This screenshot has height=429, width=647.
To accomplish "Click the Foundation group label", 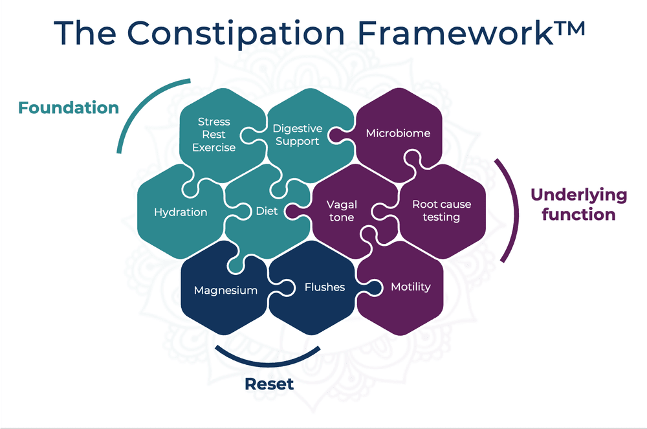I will tap(69, 107).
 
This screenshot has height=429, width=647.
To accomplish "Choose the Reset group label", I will tap(269, 384).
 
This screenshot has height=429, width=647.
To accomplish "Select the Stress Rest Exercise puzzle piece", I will tap(214, 135).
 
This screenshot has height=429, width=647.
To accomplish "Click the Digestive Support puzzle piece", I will tap(297, 135).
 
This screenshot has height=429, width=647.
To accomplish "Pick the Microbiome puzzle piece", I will tap(397, 133).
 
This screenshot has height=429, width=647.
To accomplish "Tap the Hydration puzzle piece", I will tap(181, 212).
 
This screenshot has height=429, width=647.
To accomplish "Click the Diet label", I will tap(267, 211).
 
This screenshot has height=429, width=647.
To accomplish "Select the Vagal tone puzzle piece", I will tap(342, 211).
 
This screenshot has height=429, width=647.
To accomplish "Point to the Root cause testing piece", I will tap(441, 210).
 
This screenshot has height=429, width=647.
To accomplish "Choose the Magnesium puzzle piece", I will tap(225, 290).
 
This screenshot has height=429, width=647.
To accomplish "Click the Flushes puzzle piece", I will tap(324, 287).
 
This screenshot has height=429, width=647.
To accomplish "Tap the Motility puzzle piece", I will tap(410, 287).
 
